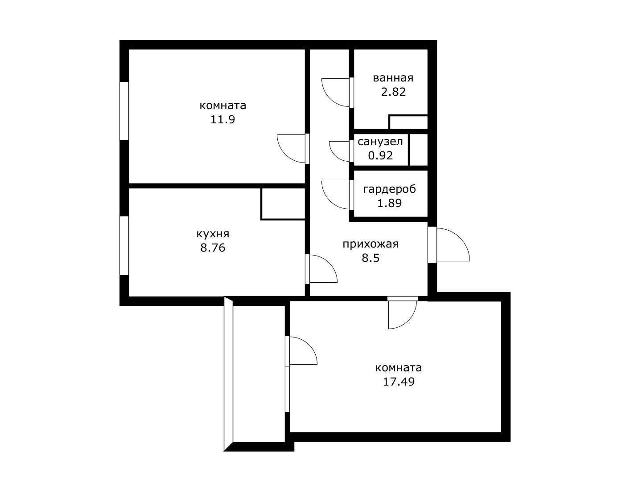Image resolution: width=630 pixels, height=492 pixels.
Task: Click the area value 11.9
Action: (222, 119)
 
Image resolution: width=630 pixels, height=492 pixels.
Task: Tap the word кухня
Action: (213, 234)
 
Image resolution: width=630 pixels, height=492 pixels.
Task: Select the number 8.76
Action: (213, 248)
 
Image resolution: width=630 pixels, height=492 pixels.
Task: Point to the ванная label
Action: (393, 78)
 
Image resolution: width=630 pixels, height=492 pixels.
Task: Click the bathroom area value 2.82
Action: (393, 92)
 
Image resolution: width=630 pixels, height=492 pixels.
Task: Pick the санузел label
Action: (380, 142)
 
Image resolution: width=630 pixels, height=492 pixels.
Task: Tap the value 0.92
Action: (380, 155)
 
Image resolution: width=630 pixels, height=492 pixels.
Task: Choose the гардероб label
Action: (389, 189)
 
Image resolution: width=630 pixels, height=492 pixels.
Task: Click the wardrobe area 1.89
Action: (389, 203)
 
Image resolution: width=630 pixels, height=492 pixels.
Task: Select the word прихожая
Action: (371, 244)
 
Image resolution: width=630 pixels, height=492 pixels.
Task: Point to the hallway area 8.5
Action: (371, 257)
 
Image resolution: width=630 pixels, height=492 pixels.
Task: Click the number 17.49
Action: (399, 382)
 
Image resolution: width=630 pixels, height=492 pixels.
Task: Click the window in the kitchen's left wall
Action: (124, 245)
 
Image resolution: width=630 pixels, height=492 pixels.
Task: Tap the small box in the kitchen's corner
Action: (283, 204)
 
